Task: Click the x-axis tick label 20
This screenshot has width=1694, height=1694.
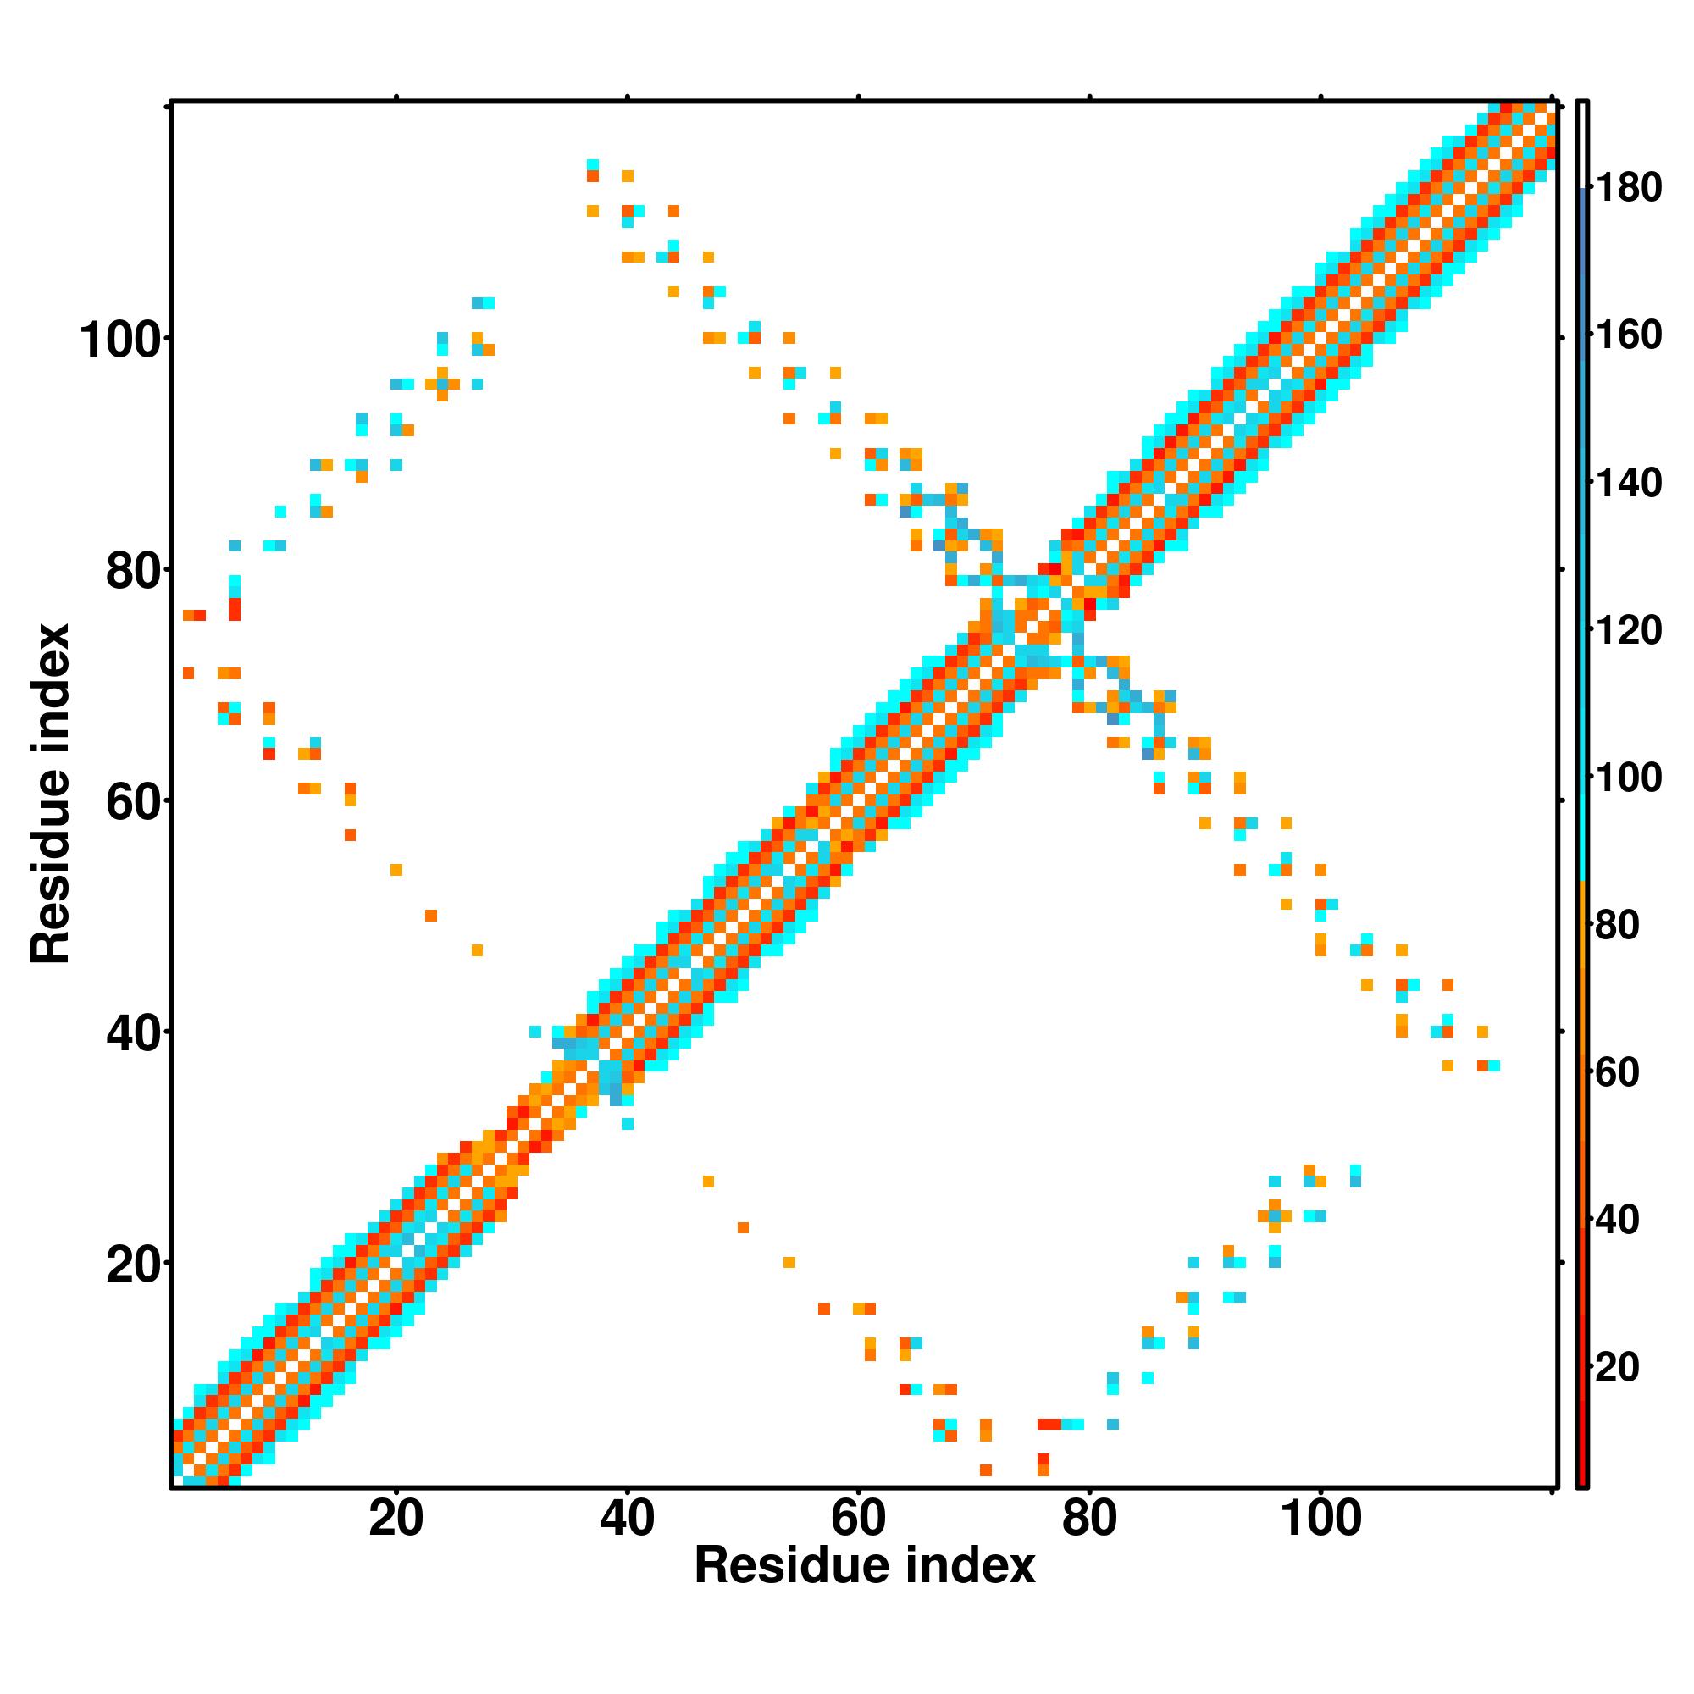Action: (396, 1520)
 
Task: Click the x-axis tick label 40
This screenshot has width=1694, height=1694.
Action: (627, 1520)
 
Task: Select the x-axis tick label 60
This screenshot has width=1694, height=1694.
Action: (857, 1520)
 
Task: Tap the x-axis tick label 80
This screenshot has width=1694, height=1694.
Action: (1089, 1520)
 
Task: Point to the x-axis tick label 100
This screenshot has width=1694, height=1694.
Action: (1320, 1520)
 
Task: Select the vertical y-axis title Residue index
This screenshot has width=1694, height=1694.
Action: (50, 794)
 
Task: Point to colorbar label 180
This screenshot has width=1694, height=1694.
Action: (1628, 188)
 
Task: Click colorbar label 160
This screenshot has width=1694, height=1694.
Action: (1628, 335)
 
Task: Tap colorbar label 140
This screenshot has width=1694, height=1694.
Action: (1628, 483)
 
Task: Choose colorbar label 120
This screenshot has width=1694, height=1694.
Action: (1628, 630)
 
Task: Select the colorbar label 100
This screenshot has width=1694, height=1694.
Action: (1628, 778)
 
